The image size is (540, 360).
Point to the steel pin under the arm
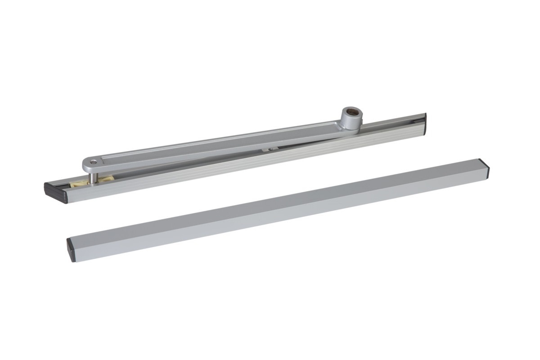click(92, 177)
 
